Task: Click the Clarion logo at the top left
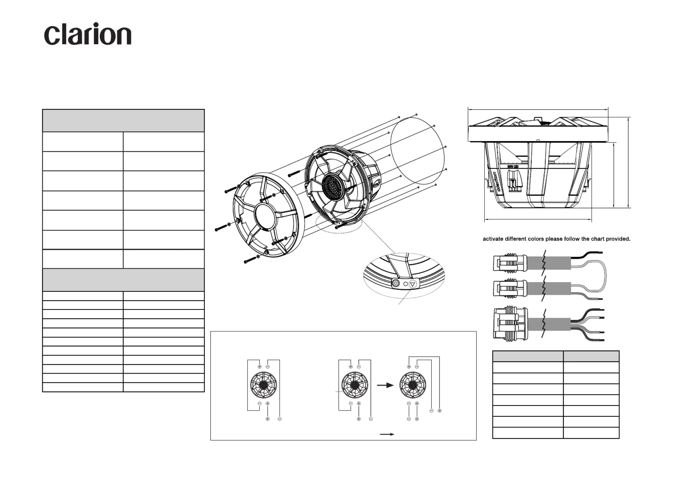(x=88, y=34)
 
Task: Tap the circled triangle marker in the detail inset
(x=413, y=284)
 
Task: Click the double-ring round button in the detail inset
(x=396, y=283)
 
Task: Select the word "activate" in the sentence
(x=493, y=239)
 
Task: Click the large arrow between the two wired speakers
(x=385, y=385)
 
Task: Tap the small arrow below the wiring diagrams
(x=387, y=434)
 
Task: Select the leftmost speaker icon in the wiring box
(x=263, y=385)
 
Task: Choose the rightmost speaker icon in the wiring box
(x=413, y=385)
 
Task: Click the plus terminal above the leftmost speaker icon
(x=260, y=367)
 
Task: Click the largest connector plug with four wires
(x=510, y=323)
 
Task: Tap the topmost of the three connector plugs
(x=509, y=262)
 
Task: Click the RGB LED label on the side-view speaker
(x=513, y=167)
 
